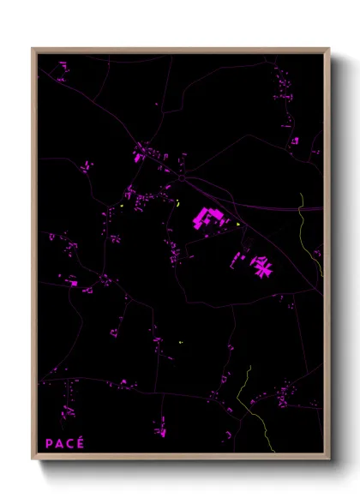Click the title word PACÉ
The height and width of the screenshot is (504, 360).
click(65, 443)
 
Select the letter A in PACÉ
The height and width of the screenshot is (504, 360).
click(60, 443)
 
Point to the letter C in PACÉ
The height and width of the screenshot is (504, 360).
click(70, 443)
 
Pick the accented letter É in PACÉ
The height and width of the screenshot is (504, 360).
click(81, 442)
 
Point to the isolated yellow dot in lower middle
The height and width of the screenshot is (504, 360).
click(181, 343)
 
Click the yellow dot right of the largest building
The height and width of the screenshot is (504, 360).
click(237, 225)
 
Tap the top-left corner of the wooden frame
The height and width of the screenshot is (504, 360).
click(33, 49)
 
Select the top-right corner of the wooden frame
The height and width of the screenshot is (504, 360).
click(328, 49)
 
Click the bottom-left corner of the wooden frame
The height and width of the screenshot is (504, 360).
click(33, 459)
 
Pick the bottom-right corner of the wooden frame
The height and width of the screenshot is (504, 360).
click(328, 459)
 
